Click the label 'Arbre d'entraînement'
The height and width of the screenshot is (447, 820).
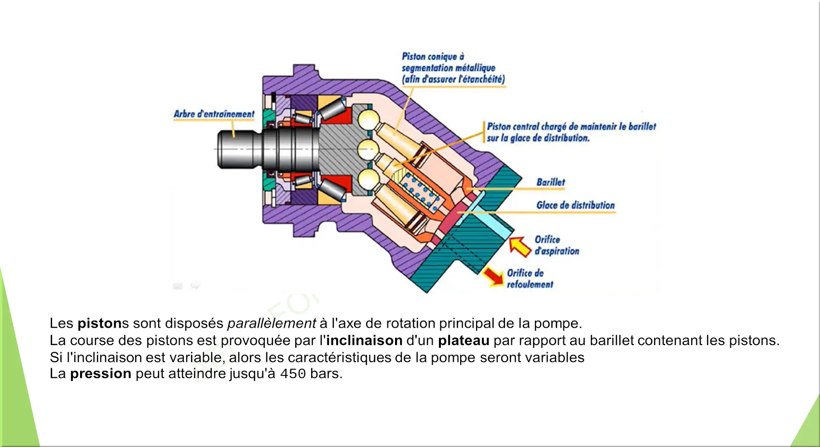point(214,114)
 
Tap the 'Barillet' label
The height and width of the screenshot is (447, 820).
point(550,182)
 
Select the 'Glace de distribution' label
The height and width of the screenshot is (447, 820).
point(575,205)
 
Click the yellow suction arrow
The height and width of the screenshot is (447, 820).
point(519,246)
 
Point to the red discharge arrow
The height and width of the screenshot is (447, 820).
point(493,277)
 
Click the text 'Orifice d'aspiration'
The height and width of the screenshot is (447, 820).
point(556,245)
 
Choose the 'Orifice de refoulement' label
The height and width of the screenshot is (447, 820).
point(530,279)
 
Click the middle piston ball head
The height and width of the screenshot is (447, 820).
point(368,149)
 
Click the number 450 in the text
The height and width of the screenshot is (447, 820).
point(293,374)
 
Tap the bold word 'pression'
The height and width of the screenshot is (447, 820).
point(100,374)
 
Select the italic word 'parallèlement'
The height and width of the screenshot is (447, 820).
point(272,323)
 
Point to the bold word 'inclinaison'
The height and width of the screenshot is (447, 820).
point(364,340)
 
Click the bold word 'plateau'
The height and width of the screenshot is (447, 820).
point(464,340)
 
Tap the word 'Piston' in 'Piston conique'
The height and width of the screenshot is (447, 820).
point(413,56)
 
